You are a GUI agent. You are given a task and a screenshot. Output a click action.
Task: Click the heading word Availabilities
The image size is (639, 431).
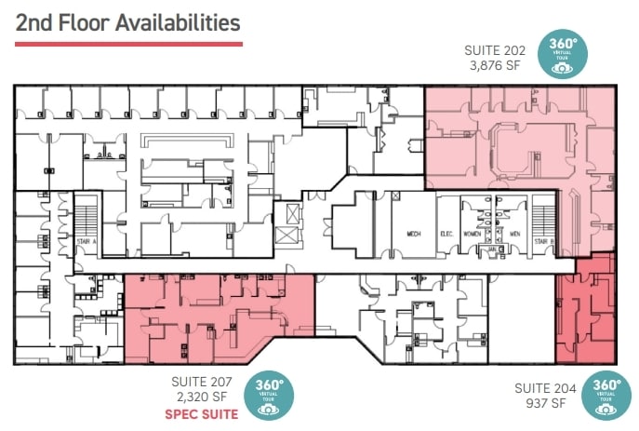[177, 21]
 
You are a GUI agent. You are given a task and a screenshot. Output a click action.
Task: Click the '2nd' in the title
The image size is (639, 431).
[35, 21]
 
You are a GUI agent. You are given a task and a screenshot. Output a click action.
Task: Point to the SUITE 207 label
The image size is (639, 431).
[202, 382]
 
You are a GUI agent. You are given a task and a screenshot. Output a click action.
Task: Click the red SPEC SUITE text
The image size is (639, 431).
[200, 413]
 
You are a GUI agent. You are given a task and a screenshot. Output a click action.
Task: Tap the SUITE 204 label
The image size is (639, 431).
[545, 387]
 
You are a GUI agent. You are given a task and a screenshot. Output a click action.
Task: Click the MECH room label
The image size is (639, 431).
[414, 235]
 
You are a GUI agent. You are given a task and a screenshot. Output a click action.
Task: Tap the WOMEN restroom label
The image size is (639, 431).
[472, 235]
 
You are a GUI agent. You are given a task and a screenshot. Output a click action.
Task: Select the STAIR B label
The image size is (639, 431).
[542, 240]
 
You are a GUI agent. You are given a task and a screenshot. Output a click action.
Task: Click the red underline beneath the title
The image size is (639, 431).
[128, 44]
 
